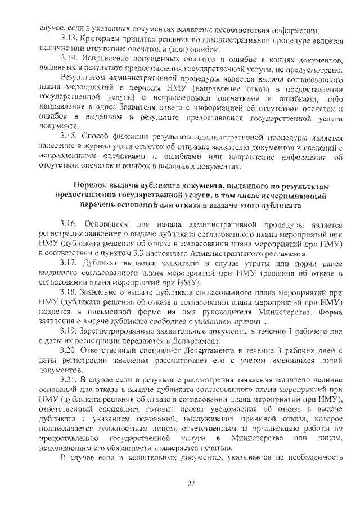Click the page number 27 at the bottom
point(190,484)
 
